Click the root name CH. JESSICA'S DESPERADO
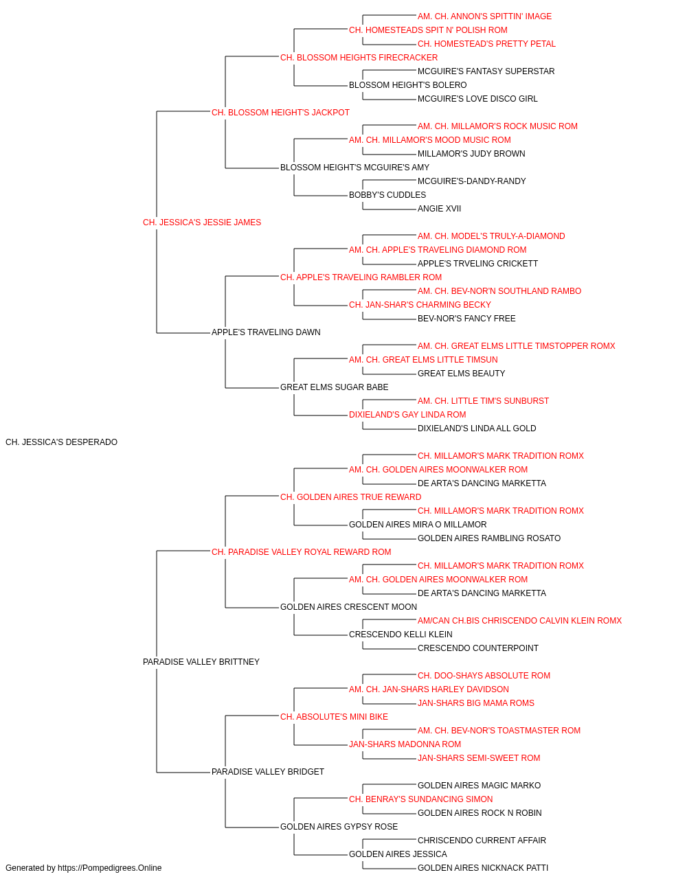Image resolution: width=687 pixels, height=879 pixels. point(62,442)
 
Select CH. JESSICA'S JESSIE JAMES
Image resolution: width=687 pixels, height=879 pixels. point(202,222)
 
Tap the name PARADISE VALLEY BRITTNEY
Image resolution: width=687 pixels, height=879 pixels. point(201,662)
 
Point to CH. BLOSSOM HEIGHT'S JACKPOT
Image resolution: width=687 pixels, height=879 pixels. point(280,113)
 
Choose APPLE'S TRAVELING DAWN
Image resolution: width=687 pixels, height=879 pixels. point(266,332)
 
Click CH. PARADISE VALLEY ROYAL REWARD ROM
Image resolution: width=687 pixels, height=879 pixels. point(301,552)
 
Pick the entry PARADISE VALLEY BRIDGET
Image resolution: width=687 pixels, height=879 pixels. point(268,772)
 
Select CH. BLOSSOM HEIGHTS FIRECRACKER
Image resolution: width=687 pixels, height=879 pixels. point(359,58)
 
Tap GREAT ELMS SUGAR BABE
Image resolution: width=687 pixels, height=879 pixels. point(334,387)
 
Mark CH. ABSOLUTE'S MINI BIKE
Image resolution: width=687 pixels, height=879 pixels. point(334,717)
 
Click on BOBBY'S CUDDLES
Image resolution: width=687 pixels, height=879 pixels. point(387,195)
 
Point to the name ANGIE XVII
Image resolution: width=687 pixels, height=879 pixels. point(439,209)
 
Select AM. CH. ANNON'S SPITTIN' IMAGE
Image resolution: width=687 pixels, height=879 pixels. point(484,16)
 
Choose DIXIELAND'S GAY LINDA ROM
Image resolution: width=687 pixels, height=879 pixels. point(407,415)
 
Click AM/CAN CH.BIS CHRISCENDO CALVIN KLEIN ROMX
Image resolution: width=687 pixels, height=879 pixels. point(519,621)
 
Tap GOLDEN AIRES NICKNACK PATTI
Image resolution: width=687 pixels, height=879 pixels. point(483,868)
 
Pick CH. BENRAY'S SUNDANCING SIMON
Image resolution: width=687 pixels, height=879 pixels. point(420,799)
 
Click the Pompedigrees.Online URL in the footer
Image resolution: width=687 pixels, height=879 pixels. point(109,868)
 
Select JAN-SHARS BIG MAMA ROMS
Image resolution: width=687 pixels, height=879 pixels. point(476,703)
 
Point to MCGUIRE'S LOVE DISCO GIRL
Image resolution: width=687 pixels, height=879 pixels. point(477,99)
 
